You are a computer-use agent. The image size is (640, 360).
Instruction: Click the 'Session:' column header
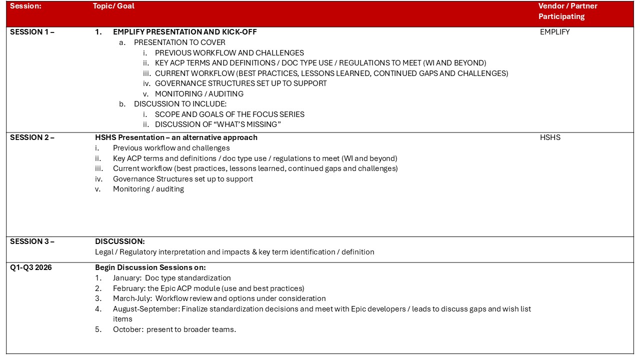pos(25,6)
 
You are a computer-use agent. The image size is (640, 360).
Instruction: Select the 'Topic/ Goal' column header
pos(113,6)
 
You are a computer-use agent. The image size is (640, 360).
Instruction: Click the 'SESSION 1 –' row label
pos(32,32)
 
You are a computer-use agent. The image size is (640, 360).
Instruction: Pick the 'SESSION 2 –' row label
pos(32,137)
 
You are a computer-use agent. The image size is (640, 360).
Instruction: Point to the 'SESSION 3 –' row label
pos(32,241)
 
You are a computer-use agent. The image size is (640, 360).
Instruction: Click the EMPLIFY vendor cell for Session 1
pos(554,32)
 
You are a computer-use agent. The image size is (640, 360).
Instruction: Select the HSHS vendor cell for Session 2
pos(550,137)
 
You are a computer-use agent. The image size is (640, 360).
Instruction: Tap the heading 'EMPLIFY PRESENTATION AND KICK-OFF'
pos(184,32)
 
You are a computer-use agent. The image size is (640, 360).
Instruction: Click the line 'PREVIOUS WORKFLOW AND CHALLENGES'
pos(229,52)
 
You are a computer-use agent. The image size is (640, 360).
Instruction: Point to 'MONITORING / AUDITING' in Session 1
pos(199,94)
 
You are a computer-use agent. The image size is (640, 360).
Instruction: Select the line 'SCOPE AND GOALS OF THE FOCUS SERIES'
pos(229,114)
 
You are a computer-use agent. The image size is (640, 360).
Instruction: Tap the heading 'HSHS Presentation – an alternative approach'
pos(176,137)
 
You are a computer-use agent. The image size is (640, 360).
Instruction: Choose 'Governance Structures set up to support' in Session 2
pos(182,179)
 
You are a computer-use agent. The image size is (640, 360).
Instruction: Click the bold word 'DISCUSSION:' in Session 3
pos(120,241)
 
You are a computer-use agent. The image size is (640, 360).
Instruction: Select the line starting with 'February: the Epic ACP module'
pos(208,288)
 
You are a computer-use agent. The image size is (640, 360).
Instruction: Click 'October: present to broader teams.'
pos(174,329)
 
